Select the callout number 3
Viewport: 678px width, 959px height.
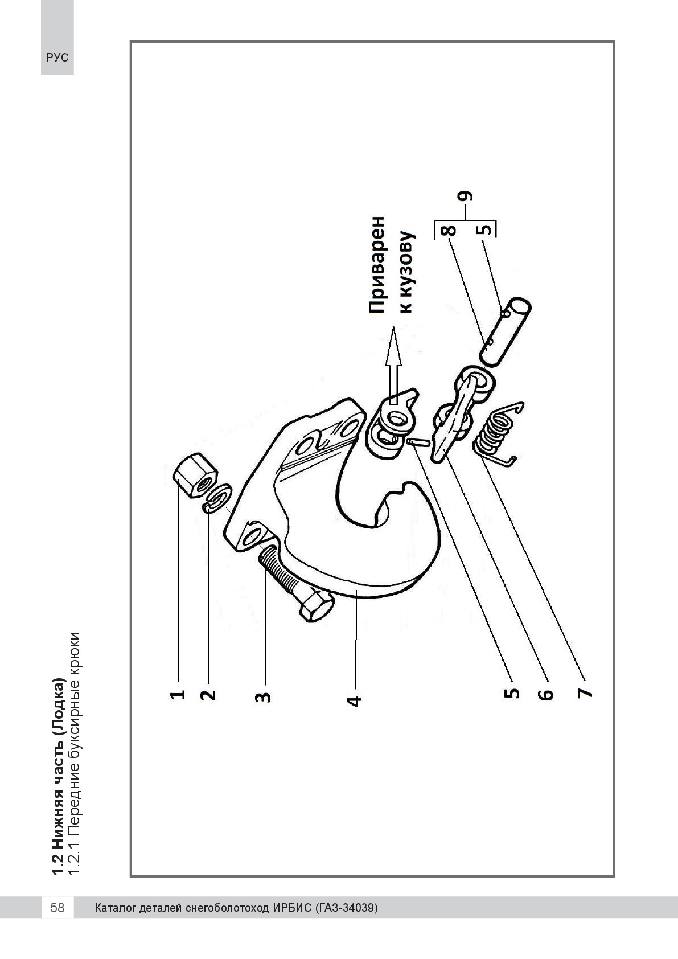263,696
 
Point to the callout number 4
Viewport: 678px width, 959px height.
354,701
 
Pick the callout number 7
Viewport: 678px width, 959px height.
585,692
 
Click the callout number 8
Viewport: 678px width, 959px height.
449,230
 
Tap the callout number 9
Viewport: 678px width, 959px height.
465,196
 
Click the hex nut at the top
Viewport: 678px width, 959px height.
196,475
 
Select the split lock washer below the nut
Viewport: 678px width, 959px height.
217,498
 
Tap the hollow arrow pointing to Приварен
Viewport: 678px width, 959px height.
393,365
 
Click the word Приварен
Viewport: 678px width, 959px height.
377,265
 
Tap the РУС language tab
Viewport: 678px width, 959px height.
57,58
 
